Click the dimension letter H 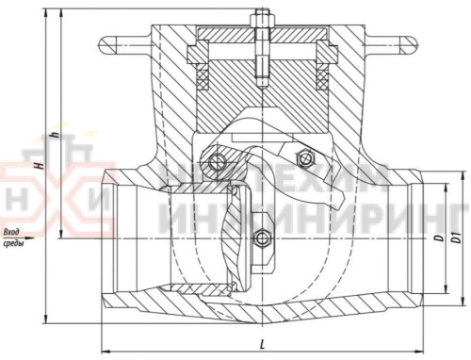pyautogui.click(x=39, y=163)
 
